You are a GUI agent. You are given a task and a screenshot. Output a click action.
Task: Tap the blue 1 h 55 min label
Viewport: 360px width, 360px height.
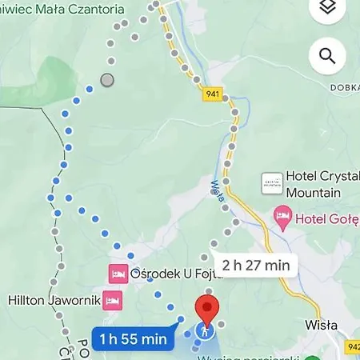[x=134, y=339]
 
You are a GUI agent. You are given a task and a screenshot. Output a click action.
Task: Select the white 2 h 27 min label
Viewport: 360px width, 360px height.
[x=256, y=265]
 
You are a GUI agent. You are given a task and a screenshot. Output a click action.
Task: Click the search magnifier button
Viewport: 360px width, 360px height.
[x=326, y=55]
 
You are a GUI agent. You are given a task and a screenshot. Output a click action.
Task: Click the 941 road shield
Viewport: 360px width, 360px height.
[x=211, y=93]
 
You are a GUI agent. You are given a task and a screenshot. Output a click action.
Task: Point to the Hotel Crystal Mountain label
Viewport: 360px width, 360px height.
[x=313, y=185]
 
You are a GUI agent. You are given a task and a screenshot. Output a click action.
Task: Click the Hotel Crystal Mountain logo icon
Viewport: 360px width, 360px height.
[x=272, y=182]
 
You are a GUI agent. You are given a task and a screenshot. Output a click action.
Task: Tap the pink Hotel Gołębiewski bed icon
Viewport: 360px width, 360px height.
[x=282, y=216]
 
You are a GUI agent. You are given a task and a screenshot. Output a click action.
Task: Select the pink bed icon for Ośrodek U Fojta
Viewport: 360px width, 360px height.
[x=118, y=274]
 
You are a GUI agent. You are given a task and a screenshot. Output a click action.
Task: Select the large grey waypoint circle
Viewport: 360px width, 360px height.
[x=106, y=80]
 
